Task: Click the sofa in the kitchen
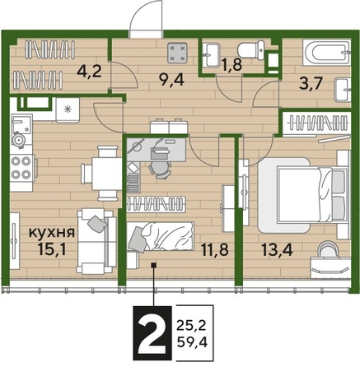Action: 93,240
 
